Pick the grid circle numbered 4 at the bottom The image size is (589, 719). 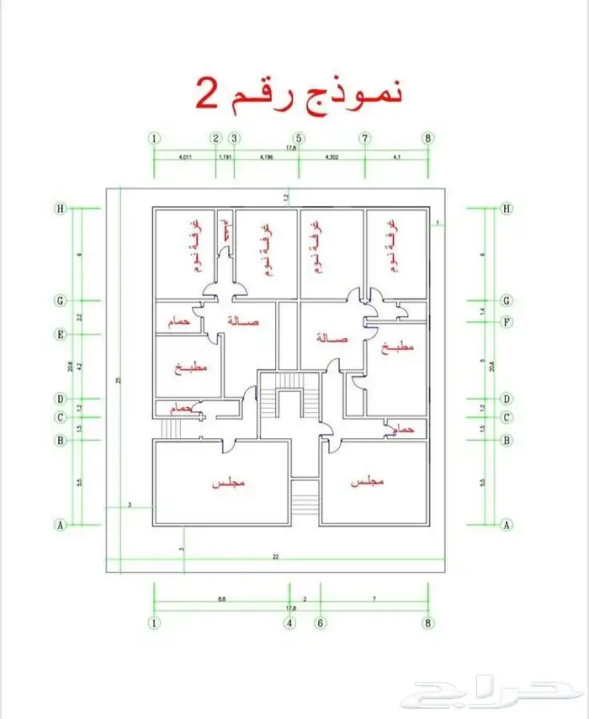(289, 623)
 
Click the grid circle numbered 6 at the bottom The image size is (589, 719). (321, 623)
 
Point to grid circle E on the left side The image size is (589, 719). (60, 334)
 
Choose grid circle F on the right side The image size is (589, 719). (507, 321)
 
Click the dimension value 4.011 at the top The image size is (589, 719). (184, 157)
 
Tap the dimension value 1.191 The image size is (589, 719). (225, 157)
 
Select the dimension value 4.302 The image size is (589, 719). (332, 157)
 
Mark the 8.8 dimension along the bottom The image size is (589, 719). (220, 599)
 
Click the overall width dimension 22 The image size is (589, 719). (275, 557)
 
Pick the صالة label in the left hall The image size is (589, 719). (244, 321)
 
